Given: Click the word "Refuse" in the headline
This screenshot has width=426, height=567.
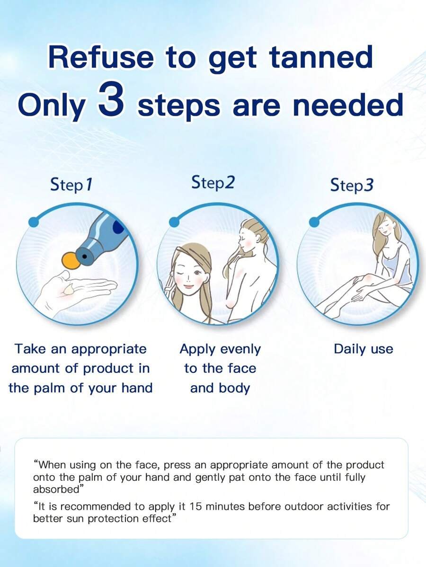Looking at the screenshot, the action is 101,57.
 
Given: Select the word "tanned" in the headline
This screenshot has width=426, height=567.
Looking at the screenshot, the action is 321,57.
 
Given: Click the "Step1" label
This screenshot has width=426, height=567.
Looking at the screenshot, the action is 71,185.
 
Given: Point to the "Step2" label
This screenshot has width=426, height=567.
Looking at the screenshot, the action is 213,183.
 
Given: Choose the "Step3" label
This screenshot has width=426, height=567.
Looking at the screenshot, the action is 352,185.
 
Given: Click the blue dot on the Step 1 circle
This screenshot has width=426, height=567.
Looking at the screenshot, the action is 34,221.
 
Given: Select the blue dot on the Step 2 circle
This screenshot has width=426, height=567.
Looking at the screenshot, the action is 174,221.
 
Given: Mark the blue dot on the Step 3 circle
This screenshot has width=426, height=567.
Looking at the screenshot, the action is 314,221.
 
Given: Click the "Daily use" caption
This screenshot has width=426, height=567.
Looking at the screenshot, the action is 363,349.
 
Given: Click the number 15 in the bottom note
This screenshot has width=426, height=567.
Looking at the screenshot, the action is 195,506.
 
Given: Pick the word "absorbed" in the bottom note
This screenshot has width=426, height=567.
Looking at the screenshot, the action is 56,489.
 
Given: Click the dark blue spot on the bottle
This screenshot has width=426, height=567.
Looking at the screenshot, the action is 119,227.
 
